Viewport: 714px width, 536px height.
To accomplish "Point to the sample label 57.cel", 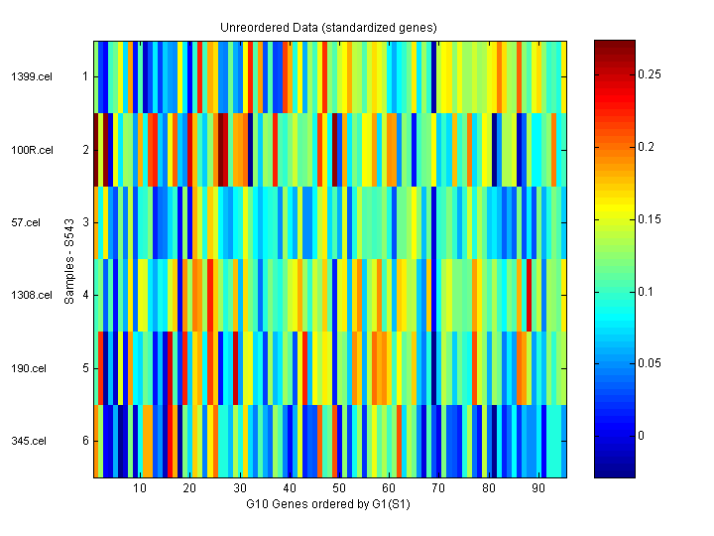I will click(27, 222).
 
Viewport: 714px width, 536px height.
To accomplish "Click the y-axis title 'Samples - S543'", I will click(70, 259).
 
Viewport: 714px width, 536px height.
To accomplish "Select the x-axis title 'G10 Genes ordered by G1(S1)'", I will click(329, 504).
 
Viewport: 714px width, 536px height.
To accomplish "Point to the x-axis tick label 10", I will click(140, 488).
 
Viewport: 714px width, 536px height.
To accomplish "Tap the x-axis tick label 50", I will click(339, 488).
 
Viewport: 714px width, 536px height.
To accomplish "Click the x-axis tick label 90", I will click(538, 488).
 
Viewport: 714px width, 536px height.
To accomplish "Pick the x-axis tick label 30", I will click(240, 488).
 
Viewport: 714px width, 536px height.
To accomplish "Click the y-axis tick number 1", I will click(85, 76).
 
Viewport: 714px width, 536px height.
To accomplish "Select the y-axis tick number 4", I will click(85, 296).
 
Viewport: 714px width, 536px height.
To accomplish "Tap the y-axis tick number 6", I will click(85, 442).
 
